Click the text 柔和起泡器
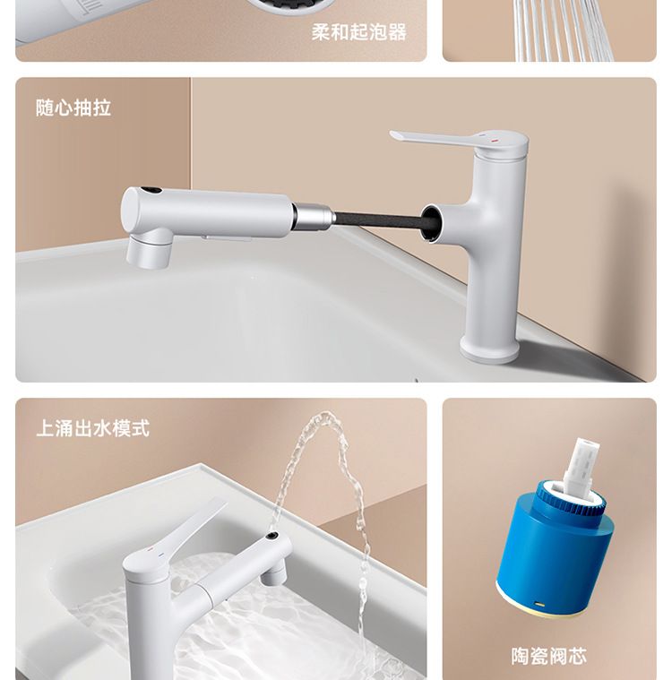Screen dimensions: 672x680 [358, 32]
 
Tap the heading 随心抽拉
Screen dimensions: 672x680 [73, 108]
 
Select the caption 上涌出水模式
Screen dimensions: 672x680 [92, 428]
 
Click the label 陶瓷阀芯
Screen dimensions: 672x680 [548, 656]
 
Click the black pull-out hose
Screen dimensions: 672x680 [378, 219]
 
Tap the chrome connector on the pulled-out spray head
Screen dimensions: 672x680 [314, 216]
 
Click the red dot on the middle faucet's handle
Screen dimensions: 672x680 [494, 142]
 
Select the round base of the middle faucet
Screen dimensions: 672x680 [489, 349]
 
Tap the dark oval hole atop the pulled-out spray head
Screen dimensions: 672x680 [151, 190]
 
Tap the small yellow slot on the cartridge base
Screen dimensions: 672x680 [539, 604]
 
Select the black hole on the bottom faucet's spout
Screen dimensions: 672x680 [272, 536]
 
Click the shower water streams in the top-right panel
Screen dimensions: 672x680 [563, 30]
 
